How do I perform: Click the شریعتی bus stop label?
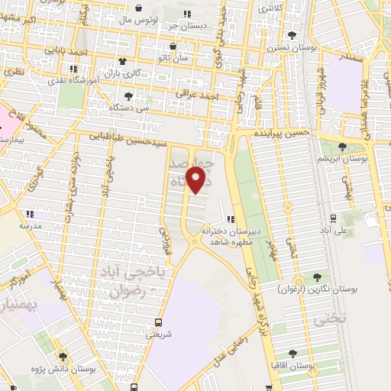(158, 334)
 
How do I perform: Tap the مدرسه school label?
(31, 227)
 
